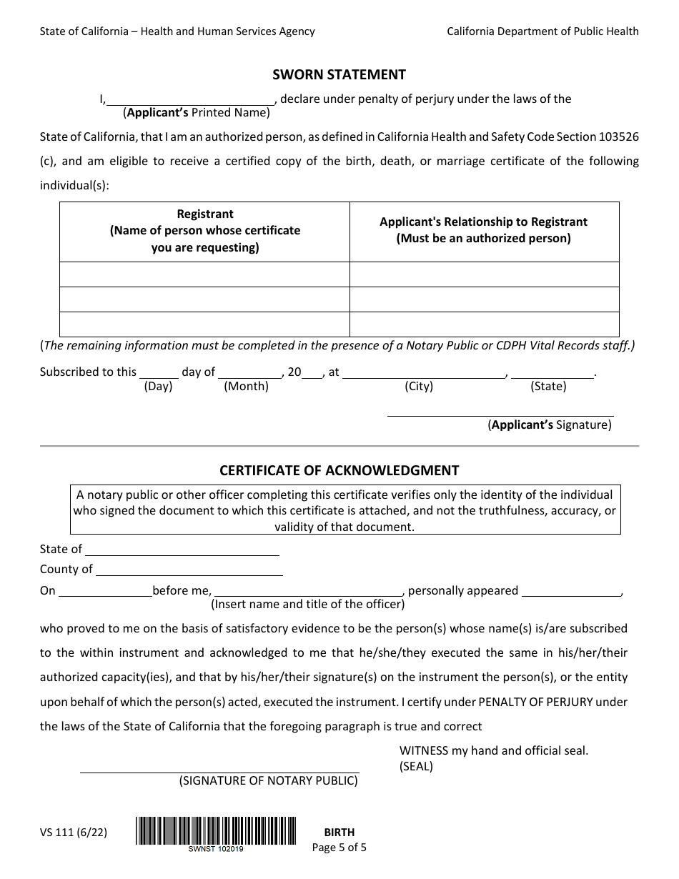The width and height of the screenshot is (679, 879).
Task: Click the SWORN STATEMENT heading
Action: pyautogui.click(x=339, y=74)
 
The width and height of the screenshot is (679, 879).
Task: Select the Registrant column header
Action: pyautogui.click(x=205, y=231)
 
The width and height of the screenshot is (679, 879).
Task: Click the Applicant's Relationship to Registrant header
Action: pyautogui.click(x=483, y=230)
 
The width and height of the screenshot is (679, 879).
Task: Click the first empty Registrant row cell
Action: pyautogui.click(x=204, y=274)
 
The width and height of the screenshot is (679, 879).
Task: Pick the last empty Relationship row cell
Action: pyautogui.click(x=484, y=324)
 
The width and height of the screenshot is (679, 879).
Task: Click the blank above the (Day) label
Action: pyautogui.click(x=159, y=373)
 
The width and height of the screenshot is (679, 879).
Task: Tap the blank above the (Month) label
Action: pyautogui.click(x=249, y=373)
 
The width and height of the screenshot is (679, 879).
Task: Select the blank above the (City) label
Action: pyautogui.click(x=424, y=373)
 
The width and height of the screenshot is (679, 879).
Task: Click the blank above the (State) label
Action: pyautogui.click(x=552, y=373)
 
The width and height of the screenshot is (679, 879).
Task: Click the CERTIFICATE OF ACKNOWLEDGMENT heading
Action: pyautogui.click(x=339, y=470)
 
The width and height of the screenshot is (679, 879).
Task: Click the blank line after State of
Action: pyautogui.click(x=182, y=551)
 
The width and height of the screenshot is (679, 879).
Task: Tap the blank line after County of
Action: pyautogui.click(x=189, y=571)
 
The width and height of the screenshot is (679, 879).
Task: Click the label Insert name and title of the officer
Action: pyautogui.click(x=307, y=605)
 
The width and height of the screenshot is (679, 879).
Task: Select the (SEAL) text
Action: pyautogui.click(x=416, y=767)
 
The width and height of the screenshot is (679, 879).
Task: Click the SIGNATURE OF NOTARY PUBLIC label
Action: pyautogui.click(x=268, y=780)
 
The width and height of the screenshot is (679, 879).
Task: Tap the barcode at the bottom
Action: pyautogui.click(x=215, y=831)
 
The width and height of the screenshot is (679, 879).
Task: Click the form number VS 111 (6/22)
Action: pyautogui.click(x=74, y=832)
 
